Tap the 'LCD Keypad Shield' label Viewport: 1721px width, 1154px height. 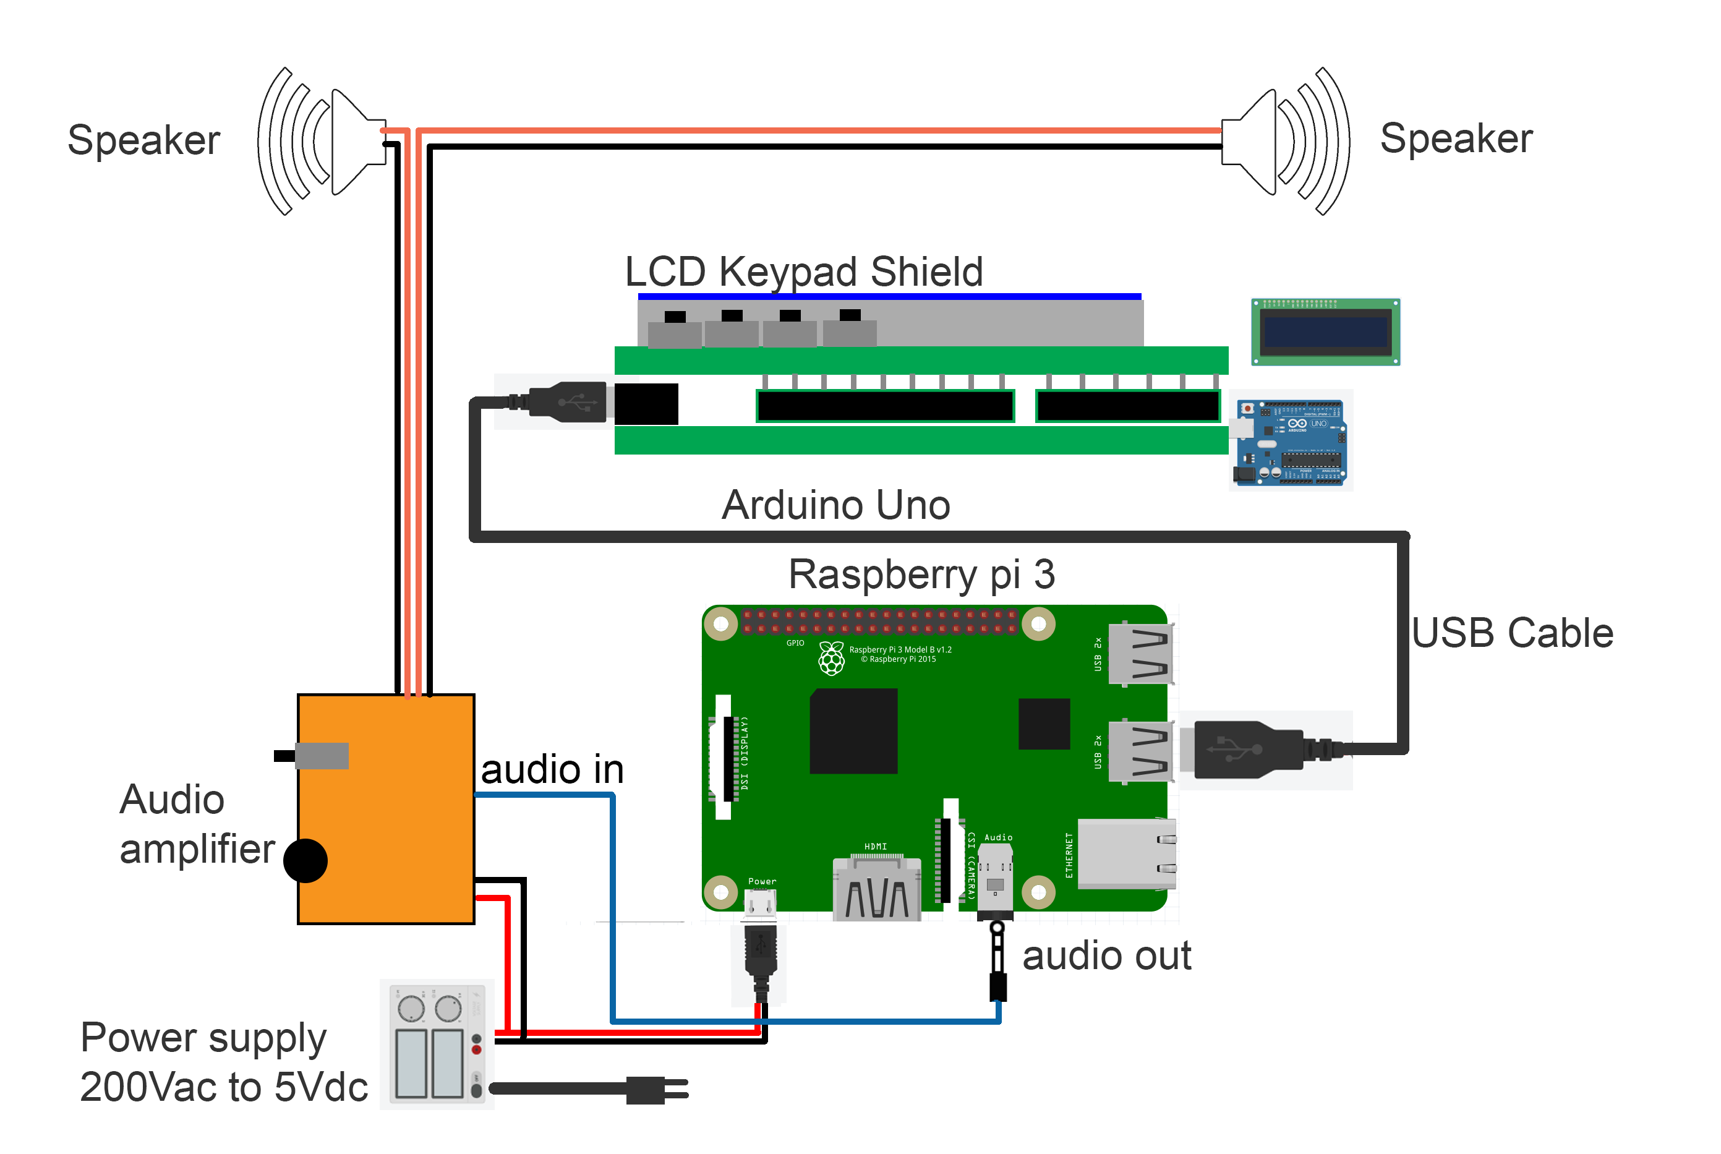[x=803, y=271]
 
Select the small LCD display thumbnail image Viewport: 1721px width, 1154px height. [x=1325, y=332]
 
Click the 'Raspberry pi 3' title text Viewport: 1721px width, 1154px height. [x=921, y=574]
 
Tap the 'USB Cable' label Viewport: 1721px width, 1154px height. [x=1511, y=633]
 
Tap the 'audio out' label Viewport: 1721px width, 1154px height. [x=1106, y=956]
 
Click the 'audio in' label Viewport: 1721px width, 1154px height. [x=552, y=770]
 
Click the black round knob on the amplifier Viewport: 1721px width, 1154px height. [x=305, y=860]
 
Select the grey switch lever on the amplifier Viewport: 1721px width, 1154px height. [x=321, y=756]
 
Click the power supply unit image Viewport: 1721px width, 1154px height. [x=437, y=1043]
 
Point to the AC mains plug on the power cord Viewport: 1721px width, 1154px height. [x=655, y=1089]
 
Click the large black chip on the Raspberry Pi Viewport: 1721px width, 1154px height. [x=853, y=731]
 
